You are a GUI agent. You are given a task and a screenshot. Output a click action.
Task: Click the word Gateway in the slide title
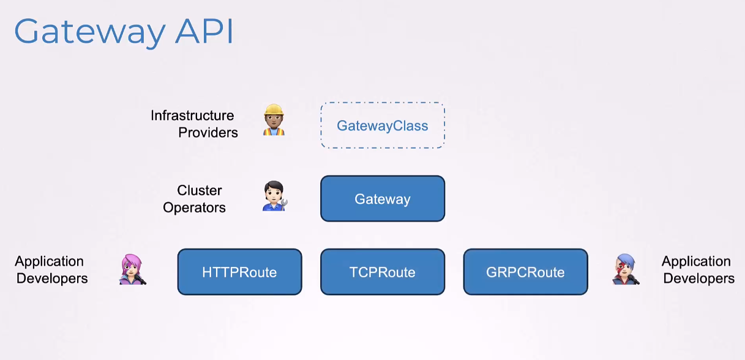click(90, 32)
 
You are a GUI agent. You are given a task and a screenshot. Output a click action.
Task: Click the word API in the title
click(204, 31)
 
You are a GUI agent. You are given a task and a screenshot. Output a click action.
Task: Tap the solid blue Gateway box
click(383, 198)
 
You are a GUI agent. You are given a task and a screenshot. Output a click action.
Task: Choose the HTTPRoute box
click(239, 272)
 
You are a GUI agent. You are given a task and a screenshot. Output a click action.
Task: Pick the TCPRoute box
click(383, 272)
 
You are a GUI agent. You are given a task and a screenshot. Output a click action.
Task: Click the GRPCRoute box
click(525, 272)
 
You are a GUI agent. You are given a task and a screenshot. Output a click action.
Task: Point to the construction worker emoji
click(274, 120)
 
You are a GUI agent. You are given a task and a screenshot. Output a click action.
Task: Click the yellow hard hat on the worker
click(274, 110)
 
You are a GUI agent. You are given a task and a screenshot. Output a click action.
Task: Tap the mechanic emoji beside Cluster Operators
click(275, 196)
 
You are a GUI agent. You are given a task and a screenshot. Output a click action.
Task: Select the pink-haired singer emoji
click(132, 269)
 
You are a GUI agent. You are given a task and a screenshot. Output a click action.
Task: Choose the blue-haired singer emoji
click(626, 269)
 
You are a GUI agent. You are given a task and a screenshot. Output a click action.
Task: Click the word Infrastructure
click(192, 116)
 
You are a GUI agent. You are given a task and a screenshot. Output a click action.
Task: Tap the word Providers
click(208, 132)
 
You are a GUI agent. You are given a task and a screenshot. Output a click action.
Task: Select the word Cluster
click(199, 190)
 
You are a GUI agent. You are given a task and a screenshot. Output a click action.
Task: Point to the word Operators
click(194, 208)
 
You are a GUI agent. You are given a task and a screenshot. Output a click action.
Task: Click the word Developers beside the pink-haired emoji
click(52, 278)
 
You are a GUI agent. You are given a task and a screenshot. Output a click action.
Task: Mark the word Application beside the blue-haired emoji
click(696, 261)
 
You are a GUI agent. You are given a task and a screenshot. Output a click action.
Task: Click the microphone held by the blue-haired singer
click(633, 279)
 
